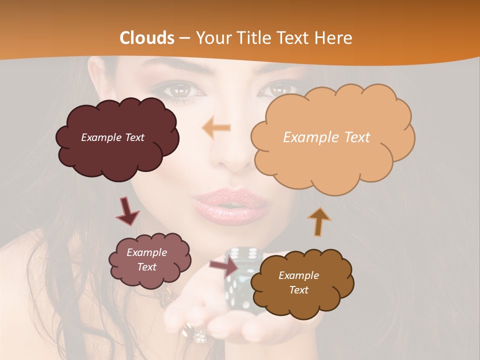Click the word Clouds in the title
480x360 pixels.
[x=147, y=37]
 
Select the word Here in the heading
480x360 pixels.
[x=334, y=37]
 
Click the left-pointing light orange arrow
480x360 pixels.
[x=216, y=128]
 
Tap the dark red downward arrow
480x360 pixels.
[x=128, y=212]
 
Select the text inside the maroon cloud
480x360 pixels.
[x=112, y=137]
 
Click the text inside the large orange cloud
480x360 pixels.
[x=326, y=137]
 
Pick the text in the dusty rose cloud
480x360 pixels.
[x=146, y=260]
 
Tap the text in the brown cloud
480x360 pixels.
[x=298, y=282]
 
